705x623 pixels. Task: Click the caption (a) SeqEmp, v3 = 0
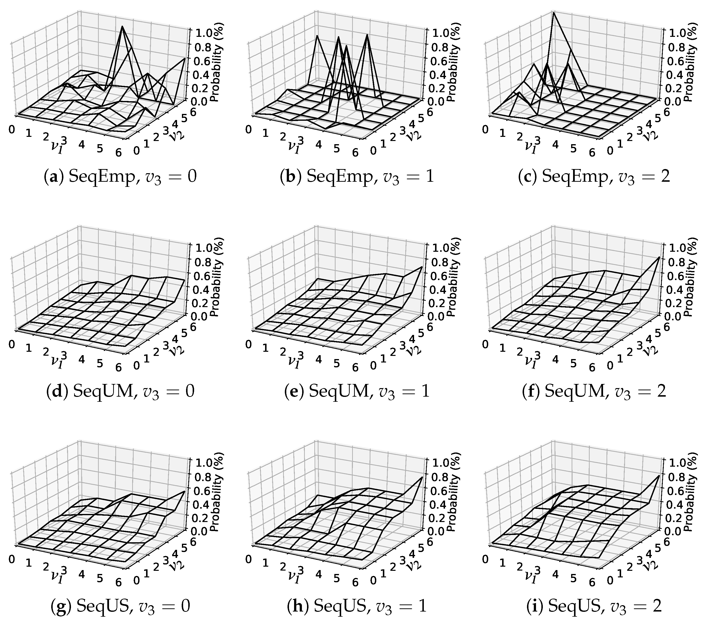[120, 177]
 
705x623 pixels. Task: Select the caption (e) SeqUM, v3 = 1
[357, 392]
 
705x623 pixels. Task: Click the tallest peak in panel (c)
[553, 12]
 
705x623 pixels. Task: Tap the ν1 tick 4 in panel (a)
[81, 145]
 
